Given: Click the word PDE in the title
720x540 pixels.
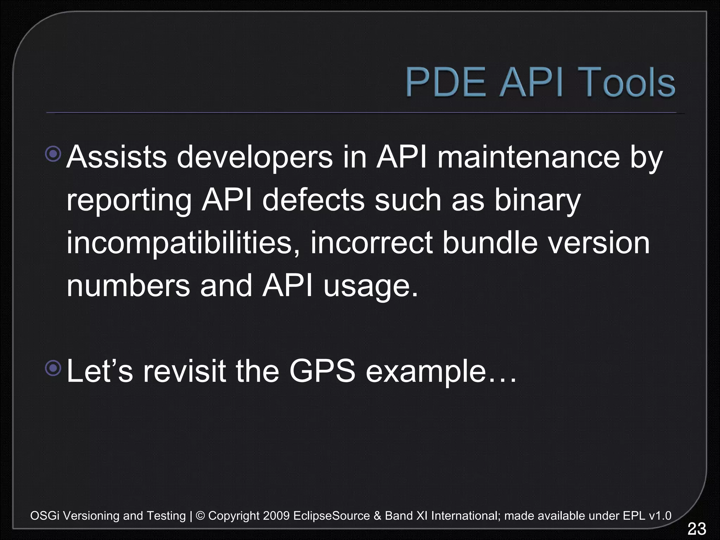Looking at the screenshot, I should pyautogui.click(x=446, y=83).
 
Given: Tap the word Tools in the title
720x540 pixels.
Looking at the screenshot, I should pyautogui.click(x=626, y=83).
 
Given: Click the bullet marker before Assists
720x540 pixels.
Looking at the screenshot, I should pyautogui.click(x=53, y=154).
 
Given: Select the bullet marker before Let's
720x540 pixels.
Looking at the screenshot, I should pyautogui.click(x=53, y=368).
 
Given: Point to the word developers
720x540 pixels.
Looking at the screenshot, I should pyautogui.click(x=254, y=157).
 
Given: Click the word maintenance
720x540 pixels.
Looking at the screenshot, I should pyautogui.click(x=528, y=157).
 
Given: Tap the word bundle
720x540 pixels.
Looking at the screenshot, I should pyautogui.click(x=490, y=243).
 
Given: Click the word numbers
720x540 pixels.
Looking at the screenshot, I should pyautogui.click(x=128, y=286).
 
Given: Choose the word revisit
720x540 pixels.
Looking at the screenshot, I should pyautogui.click(x=184, y=371).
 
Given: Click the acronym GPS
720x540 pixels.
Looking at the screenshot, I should pyautogui.click(x=322, y=371).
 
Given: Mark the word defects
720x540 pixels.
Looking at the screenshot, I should pyautogui.click(x=314, y=200).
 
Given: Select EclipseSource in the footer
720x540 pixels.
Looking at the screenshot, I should pyautogui.click(x=332, y=516).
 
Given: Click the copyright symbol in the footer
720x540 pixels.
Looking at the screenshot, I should pyautogui.click(x=200, y=516).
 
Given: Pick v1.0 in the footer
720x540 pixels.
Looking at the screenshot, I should pyautogui.click(x=660, y=516).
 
